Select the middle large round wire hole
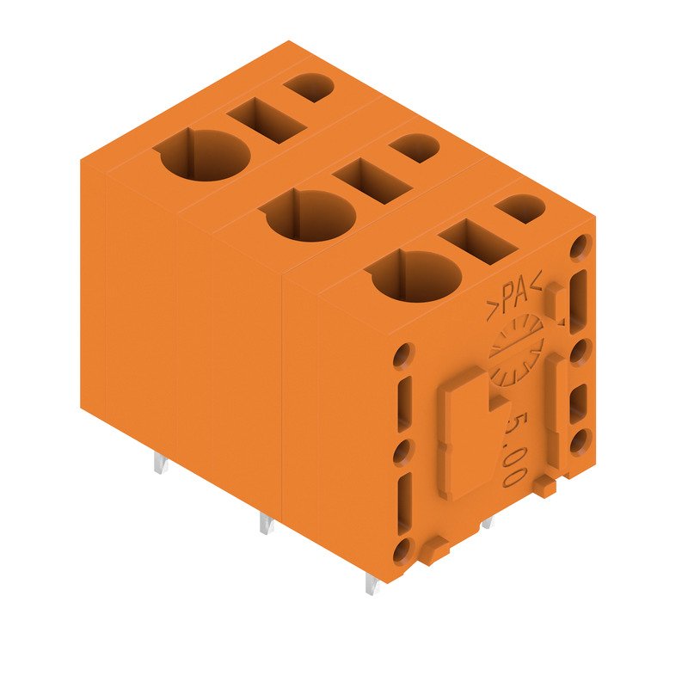[x=310, y=216]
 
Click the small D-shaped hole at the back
[x=309, y=87]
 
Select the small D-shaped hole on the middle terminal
[x=415, y=148]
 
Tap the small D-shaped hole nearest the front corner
[x=521, y=209]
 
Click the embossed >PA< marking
[x=513, y=298]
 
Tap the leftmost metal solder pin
[x=160, y=464]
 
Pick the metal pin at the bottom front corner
[x=370, y=585]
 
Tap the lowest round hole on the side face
[x=402, y=553]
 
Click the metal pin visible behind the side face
[x=487, y=522]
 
